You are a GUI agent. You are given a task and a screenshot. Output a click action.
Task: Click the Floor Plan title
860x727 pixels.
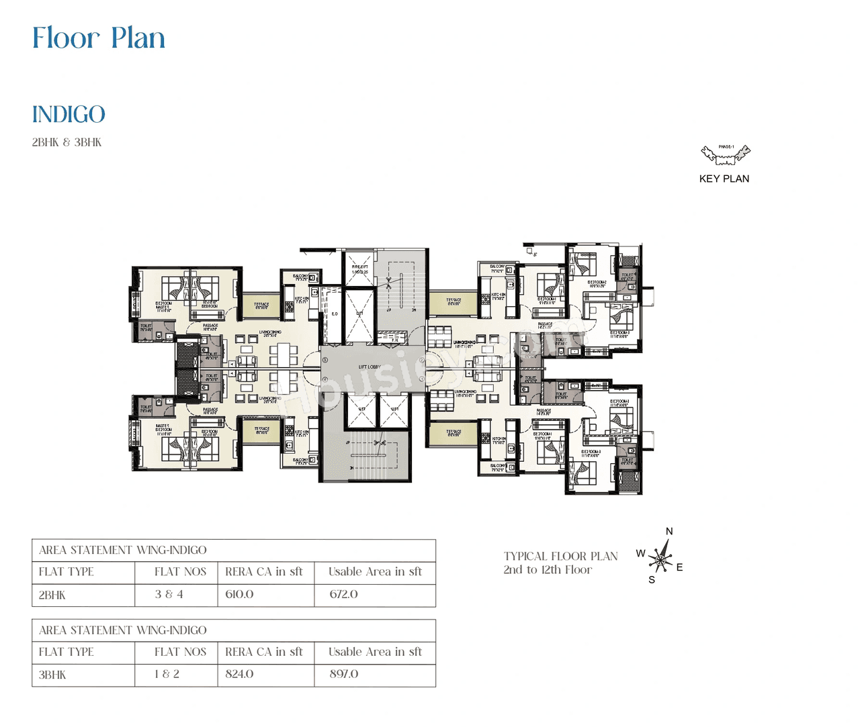pyautogui.click(x=99, y=38)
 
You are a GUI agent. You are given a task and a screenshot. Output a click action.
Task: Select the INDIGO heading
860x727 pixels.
pyautogui.click(x=69, y=115)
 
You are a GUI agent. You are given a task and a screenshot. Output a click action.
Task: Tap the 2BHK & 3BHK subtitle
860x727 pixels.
pyautogui.click(x=67, y=142)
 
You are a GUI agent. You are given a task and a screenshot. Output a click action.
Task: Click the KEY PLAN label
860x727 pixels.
pyautogui.click(x=724, y=179)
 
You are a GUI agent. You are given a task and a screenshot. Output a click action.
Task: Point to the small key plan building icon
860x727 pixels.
pyautogui.click(x=725, y=155)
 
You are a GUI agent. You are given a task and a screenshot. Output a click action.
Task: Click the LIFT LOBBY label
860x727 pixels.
pyautogui.click(x=370, y=367)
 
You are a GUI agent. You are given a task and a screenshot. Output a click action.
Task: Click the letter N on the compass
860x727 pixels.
pyautogui.click(x=669, y=532)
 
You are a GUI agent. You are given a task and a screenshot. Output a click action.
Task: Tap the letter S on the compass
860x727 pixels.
pyautogui.click(x=652, y=580)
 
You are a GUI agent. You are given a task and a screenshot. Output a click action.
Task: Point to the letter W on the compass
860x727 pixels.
pyautogui.click(x=640, y=554)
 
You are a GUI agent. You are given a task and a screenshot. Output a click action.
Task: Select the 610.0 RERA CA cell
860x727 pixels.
pyautogui.click(x=239, y=594)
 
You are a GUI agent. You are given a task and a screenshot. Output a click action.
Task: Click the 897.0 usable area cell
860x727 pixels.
pyautogui.click(x=343, y=674)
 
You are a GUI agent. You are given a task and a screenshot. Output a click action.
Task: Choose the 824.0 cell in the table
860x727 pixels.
pyautogui.click(x=239, y=674)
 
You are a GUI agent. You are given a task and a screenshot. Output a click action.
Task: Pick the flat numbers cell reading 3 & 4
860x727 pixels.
pyautogui.click(x=169, y=594)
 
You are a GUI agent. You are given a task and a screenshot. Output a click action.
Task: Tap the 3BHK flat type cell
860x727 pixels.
pyautogui.click(x=52, y=675)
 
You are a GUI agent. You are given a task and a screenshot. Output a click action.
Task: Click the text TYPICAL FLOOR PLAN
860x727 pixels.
pyautogui.click(x=560, y=556)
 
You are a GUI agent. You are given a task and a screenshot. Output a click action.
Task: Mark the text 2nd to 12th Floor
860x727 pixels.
pyautogui.click(x=548, y=570)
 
